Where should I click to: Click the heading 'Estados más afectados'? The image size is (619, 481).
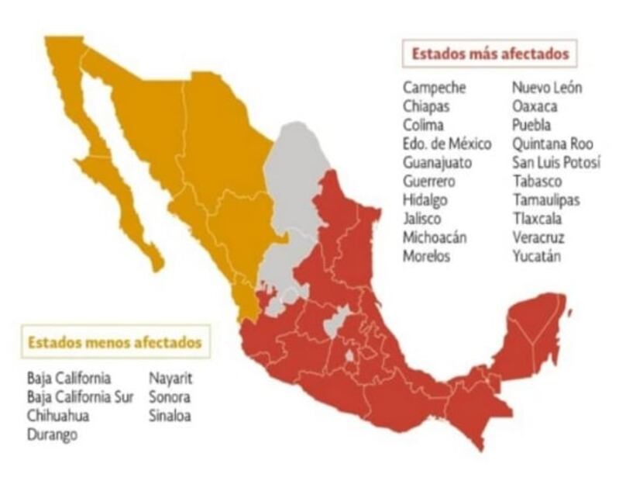[x=490, y=54]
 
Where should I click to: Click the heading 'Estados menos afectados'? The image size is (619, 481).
[x=115, y=341]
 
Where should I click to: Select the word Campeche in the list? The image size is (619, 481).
[x=434, y=87]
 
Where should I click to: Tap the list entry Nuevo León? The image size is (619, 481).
[x=547, y=87]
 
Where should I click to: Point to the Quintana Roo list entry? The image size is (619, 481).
[x=552, y=144]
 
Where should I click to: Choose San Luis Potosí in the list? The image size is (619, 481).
[x=556, y=162]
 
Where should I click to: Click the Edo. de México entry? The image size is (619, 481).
[x=447, y=144]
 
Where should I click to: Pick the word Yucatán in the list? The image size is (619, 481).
[x=537, y=256]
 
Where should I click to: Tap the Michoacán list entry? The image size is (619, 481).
[x=435, y=237]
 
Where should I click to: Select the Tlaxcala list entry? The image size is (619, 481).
[x=538, y=219]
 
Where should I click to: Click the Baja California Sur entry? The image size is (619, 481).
[x=80, y=397]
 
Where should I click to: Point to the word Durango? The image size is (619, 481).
[x=52, y=434]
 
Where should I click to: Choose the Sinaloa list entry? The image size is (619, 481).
[x=169, y=416]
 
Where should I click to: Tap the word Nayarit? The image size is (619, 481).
[x=170, y=379]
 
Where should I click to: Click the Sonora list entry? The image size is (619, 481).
[x=169, y=397]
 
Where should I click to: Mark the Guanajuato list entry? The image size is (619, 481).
[x=436, y=162]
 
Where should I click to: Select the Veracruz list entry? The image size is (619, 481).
[x=538, y=237]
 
